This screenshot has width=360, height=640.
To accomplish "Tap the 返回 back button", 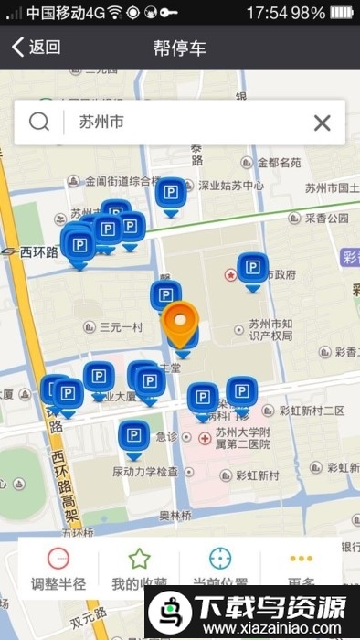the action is (x=37, y=48).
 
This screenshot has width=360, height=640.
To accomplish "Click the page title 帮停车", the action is (x=180, y=48).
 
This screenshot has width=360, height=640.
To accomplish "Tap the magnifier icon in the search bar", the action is (x=38, y=122).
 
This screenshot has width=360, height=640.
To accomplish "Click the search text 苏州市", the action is (x=101, y=122).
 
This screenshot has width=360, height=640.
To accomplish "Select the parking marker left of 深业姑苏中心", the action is (x=170, y=194).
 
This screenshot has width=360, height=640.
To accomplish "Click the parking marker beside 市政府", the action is (x=253, y=270).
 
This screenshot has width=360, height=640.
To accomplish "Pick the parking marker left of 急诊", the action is (x=134, y=437).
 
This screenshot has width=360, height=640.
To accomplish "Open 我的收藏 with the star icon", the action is (x=139, y=568).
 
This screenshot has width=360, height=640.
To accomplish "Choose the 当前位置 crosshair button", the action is (x=220, y=568).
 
